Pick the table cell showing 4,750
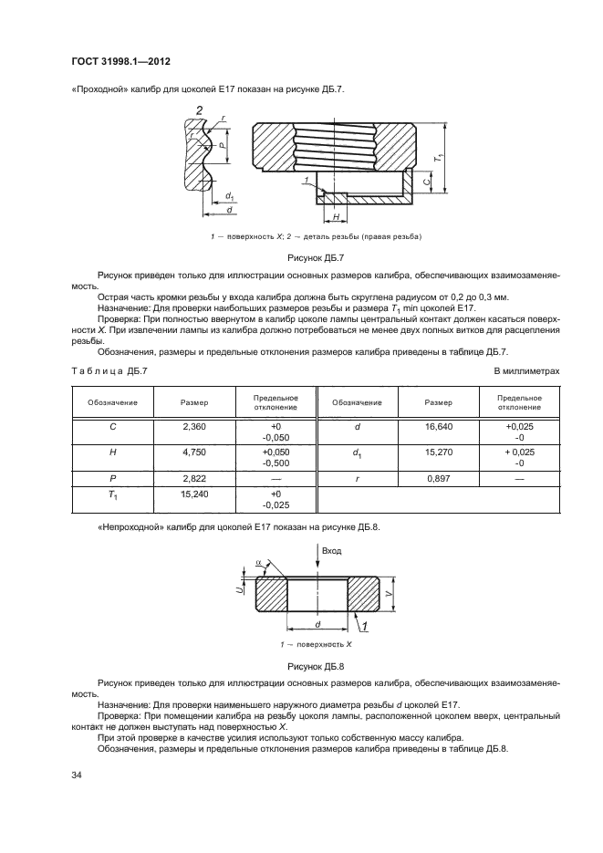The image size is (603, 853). [x=193, y=451]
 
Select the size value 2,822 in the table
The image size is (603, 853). [x=193, y=476]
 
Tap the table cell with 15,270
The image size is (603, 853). [x=439, y=451]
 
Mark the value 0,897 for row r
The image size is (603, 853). [x=439, y=476]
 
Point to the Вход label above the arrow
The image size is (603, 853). [x=331, y=552]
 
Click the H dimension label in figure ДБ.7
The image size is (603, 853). [x=336, y=217]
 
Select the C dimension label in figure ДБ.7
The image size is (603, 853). [x=428, y=181]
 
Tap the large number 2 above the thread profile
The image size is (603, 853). [x=198, y=111]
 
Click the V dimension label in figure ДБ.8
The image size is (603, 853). [x=390, y=594]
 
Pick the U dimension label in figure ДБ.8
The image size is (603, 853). [x=239, y=591]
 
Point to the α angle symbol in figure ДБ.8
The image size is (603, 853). [x=258, y=564]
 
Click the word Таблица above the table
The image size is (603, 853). [x=95, y=370]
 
